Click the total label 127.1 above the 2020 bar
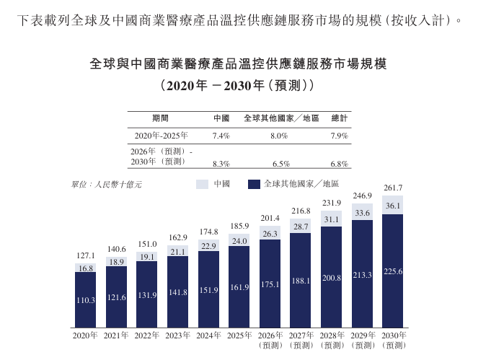[x=86, y=255]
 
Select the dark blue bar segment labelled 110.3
[x=86, y=300]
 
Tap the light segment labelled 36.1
[x=392, y=206]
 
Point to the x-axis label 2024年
[x=208, y=335]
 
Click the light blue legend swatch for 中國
[x=202, y=185]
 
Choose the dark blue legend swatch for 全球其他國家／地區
[x=254, y=185]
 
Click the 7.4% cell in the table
[x=221, y=136]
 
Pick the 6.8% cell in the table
[x=340, y=164]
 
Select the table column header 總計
[x=340, y=118]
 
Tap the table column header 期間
[x=160, y=118]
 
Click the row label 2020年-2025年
[x=161, y=136]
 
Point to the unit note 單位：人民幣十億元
[x=107, y=185]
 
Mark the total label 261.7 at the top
[x=393, y=188]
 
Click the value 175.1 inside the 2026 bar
[x=270, y=284]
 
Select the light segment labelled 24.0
[x=239, y=240]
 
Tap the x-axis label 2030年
[x=394, y=335]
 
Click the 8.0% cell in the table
[x=279, y=136]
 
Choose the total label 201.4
[x=270, y=218]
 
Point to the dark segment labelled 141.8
[x=178, y=291]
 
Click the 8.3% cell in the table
[x=221, y=164]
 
